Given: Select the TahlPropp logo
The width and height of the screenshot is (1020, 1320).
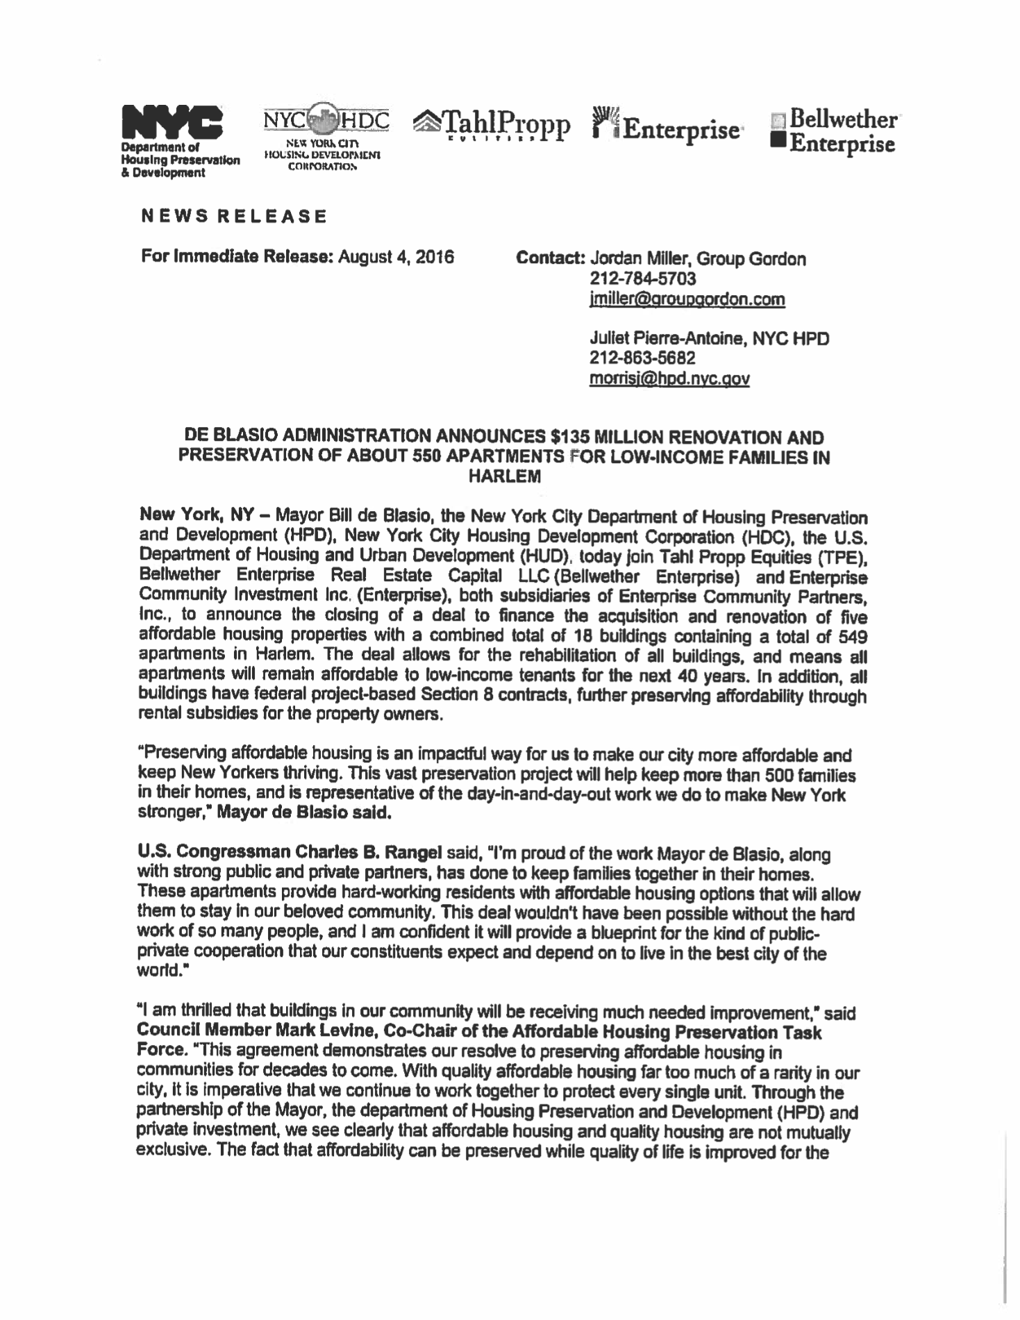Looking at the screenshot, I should pos(492,125).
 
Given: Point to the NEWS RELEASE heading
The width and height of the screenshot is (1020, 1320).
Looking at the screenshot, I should pos(234,216).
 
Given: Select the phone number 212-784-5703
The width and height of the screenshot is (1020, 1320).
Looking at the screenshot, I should pos(642,279).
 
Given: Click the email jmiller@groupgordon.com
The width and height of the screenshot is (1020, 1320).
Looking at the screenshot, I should pos(687,299).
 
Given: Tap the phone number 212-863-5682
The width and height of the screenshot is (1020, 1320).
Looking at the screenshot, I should pos(642,358).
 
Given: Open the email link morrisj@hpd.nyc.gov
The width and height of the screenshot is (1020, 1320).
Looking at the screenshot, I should pos(669,378).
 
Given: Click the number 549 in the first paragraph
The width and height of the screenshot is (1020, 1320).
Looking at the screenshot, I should pos(853,636).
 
